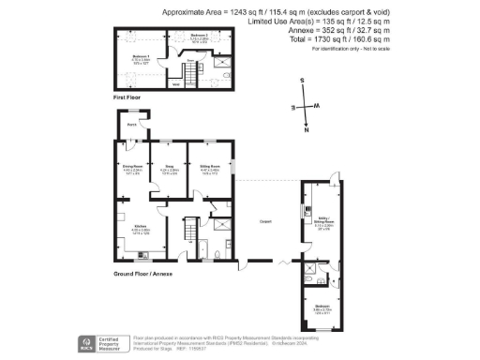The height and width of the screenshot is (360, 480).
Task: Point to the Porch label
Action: tap(132, 125)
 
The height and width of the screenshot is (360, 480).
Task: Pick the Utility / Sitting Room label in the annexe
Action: tap(324, 223)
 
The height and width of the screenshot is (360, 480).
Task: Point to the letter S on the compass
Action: tap(302, 82)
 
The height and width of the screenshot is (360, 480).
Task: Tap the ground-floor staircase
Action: tap(187, 228)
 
